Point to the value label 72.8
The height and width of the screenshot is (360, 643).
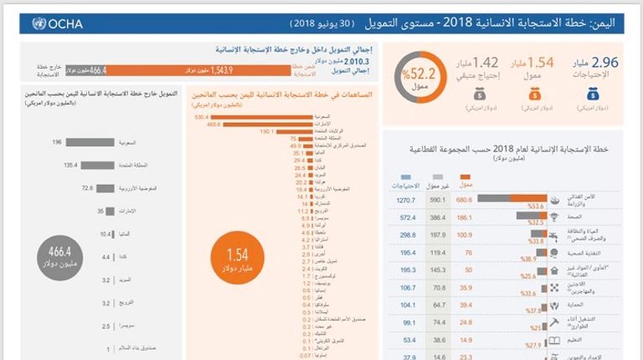coord(86,188)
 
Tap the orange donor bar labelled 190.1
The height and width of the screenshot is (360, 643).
coord(290,131)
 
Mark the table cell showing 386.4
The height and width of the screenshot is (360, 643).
coord(435,218)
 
